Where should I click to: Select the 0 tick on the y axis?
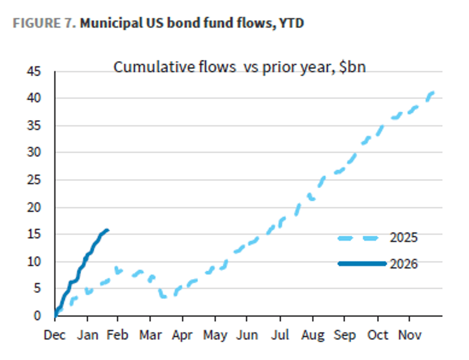pyautogui.click(x=38, y=315)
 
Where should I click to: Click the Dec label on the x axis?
pyautogui.click(x=55, y=335)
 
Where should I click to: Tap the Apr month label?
pyautogui.click(x=183, y=335)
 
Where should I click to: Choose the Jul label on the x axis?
pyautogui.click(x=280, y=335)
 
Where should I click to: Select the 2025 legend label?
pyautogui.click(x=403, y=238)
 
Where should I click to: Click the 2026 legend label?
pyautogui.click(x=403, y=264)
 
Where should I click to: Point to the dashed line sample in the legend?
pyautogui.click(x=358, y=238)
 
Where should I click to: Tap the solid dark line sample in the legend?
pyautogui.click(x=362, y=264)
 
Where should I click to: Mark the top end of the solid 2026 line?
pyautogui.click(x=108, y=230)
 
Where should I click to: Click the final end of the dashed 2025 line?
pyautogui.click(x=433, y=92)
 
